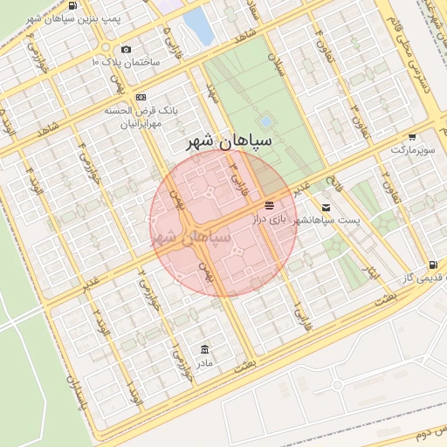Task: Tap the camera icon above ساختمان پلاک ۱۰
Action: click(127, 50)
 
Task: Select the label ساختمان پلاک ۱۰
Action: click(127, 63)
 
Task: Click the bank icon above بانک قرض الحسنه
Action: click(141, 97)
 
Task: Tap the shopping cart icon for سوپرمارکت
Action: click(411, 137)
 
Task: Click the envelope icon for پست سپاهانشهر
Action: click(326, 208)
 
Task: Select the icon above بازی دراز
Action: click(270, 204)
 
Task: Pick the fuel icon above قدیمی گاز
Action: click(433, 265)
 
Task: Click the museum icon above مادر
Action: click(205, 349)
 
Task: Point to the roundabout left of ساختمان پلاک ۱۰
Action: click(106, 47)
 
